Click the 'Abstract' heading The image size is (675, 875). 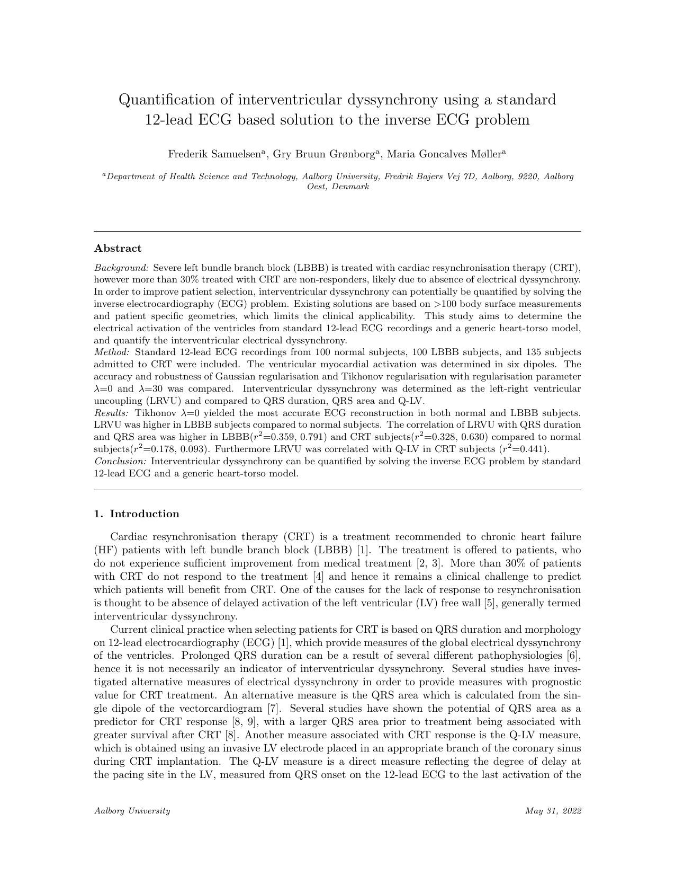(118, 249)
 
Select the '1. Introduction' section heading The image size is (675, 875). (137, 514)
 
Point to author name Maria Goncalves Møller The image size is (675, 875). (446, 154)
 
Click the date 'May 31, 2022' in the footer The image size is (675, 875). (553, 811)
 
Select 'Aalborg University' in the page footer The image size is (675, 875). (132, 811)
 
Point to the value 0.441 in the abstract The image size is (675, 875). (531, 449)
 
